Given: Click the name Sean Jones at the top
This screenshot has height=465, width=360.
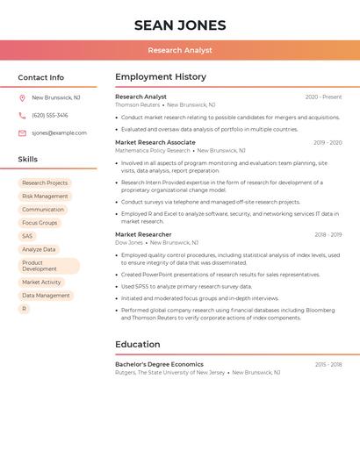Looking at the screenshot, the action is [x=180, y=25].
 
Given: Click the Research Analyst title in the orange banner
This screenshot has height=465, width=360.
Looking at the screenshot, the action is [x=180, y=50].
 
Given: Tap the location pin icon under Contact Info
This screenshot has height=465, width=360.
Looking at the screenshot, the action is [x=22, y=97].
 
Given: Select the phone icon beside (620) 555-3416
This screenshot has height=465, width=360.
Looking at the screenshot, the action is [x=22, y=115].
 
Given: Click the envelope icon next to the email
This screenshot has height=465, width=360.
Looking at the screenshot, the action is [x=22, y=132].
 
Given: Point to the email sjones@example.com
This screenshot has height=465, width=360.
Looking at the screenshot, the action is [x=59, y=132].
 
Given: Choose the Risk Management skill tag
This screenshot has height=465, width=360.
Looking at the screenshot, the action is [x=45, y=197].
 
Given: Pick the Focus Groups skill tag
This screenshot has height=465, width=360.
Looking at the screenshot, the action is [x=40, y=223].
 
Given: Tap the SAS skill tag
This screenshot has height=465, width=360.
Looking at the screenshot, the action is [x=27, y=236].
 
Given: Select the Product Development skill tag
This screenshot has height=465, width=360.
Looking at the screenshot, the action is [x=48, y=266].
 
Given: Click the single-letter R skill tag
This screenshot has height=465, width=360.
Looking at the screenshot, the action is [x=24, y=309].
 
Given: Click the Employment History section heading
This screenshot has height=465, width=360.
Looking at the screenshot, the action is [x=161, y=77].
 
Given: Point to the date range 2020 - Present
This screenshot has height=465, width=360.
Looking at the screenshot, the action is [x=323, y=97].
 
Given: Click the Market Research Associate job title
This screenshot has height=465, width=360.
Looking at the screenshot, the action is [x=155, y=142].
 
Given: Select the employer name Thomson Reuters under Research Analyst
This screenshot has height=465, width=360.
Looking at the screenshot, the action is [x=137, y=104].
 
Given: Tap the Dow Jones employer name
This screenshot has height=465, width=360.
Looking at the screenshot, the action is [x=128, y=242].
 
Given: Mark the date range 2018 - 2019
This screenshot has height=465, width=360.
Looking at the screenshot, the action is [x=328, y=235].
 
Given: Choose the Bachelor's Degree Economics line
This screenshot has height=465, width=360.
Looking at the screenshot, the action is [x=159, y=364].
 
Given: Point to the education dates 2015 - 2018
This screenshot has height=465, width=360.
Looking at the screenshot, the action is [x=328, y=364].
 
